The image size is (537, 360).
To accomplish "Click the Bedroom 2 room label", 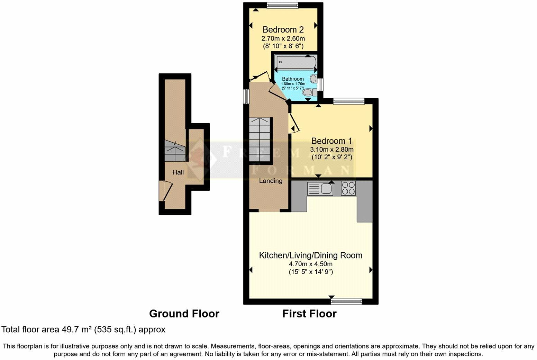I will (283, 29).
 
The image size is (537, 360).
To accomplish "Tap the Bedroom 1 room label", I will (331, 141).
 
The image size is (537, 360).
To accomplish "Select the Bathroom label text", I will (293, 79).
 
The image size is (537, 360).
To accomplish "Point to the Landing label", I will (271, 181).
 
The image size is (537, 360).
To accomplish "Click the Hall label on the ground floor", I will (178, 172).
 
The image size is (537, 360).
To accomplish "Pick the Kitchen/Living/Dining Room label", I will (311, 255).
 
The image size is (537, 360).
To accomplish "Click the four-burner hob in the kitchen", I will (348, 188).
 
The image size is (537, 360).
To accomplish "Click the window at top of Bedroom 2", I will (282, 5).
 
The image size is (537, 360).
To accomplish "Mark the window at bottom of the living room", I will (346, 302).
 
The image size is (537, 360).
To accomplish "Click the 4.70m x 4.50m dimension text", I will (311, 264).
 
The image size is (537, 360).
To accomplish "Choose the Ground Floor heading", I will (184, 314).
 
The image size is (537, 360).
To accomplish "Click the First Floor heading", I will (309, 314).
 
